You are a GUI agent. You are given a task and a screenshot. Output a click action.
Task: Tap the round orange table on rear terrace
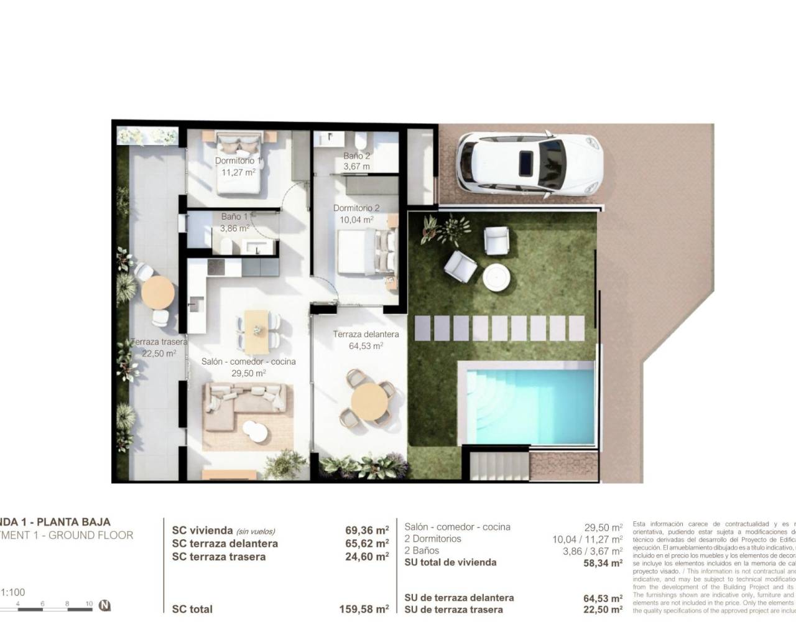[157, 292]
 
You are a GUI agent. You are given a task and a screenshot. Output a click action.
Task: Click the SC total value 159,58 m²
[364, 609]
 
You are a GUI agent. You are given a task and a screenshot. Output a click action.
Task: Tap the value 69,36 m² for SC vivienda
[367, 531]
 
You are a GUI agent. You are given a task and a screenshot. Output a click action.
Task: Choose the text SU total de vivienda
[450, 562]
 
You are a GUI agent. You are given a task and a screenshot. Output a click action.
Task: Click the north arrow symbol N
[105, 605]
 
